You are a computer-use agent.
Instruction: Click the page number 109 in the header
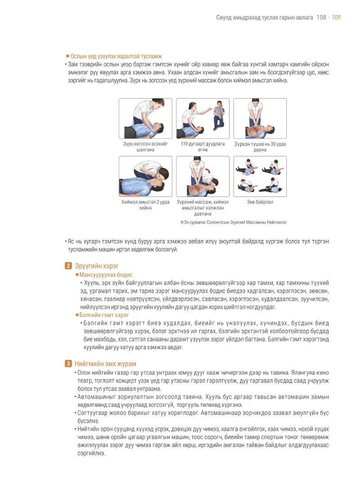[x=336, y=18]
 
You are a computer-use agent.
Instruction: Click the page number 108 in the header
[x=321, y=18]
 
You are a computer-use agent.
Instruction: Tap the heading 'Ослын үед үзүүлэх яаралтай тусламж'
[x=116, y=56]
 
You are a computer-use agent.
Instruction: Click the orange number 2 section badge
[x=68, y=266]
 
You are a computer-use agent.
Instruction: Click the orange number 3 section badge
[x=68, y=364]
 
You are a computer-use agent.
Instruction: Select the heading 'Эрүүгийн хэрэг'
[x=97, y=266]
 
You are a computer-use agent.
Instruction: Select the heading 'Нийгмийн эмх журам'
[x=105, y=364]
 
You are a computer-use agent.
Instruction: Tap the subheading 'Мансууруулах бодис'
[x=106, y=275]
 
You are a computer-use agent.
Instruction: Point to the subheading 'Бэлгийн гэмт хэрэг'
[x=104, y=315]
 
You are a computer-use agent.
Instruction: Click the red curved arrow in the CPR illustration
[x=210, y=172]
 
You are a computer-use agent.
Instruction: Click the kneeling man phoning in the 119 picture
[x=219, y=114]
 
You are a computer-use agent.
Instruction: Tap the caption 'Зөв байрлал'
[x=260, y=202]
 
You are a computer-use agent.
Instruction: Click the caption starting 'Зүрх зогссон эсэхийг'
[x=145, y=147]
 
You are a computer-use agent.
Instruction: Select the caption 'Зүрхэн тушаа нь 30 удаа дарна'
[x=260, y=147]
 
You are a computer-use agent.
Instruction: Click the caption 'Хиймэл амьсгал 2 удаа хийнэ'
[x=145, y=205]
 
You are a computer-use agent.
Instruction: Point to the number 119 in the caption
[x=184, y=144]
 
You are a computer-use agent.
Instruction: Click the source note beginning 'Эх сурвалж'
[x=234, y=222]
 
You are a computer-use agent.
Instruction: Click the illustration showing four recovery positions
[x=260, y=177]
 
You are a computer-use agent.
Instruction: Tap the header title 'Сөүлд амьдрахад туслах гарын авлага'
[x=265, y=18]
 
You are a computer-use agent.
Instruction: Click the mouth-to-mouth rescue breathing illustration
[x=145, y=177]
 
